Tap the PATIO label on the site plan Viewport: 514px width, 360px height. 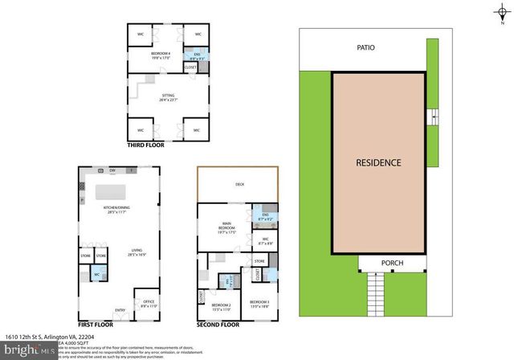(366, 47)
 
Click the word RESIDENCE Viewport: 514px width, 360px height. (378, 162)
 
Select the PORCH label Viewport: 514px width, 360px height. (392, 264)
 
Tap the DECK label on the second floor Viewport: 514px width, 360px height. (239, 184)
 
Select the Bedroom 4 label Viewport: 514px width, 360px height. (161, 55)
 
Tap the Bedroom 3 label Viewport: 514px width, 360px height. (259, 305)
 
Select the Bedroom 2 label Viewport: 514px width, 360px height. (221, 305)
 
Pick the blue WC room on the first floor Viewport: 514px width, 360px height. (98, 273)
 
